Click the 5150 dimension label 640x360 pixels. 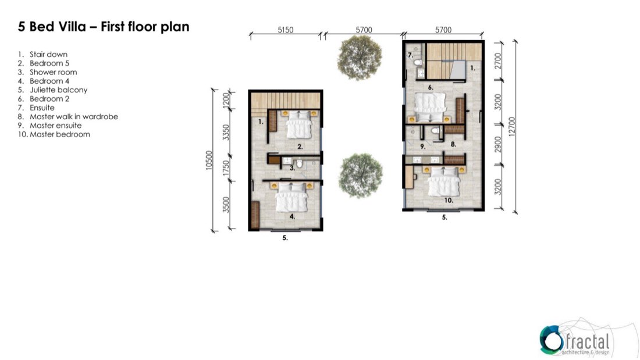(x=285, y=30)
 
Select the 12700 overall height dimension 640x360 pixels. (x=512, y=127)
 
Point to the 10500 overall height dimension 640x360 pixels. (x=209, y=161)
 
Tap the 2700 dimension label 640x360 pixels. (x=497, y=61)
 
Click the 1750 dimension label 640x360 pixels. (x=226, y=168)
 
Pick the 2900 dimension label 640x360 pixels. (x=497, y=144)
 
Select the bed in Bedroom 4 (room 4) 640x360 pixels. (x=291, y=197)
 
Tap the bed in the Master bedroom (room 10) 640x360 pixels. (x=444, y=181)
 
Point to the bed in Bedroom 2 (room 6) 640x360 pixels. (x=430, y=108)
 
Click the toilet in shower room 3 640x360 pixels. (x=299, y=163)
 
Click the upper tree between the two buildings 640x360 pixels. (x=360, y=57)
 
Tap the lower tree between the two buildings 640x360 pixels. (x=360, y=176)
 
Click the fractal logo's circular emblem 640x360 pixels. (x=550, y=340)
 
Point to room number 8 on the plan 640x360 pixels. (x=453, y=144)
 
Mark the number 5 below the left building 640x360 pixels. (x=285, y=237)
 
